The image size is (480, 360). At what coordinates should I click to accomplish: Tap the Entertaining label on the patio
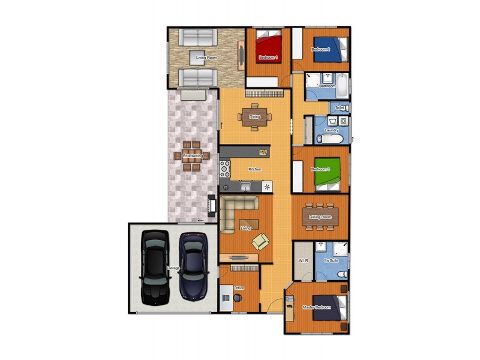(193, 156)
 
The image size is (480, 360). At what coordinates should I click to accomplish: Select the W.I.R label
(303, 260)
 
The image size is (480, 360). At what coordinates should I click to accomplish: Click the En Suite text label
(331, 260)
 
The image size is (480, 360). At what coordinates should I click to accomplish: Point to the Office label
(239, 289)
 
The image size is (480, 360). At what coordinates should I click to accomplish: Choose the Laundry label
(332, 130)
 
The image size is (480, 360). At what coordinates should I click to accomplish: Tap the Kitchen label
(255, 169)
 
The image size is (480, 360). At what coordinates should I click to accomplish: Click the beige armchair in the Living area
(261, 241)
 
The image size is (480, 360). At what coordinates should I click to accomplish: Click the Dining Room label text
(320, 217)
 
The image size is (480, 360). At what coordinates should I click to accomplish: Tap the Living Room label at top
(206, 58)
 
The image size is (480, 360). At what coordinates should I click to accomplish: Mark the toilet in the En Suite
(342, 274)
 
